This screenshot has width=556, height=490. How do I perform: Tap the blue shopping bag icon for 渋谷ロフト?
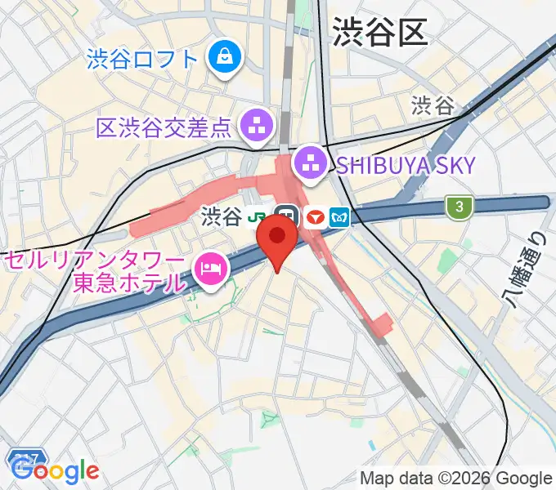coord(222,58)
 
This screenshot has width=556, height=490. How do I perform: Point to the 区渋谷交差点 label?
coord(165,127)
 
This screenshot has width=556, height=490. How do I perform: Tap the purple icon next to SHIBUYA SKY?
coord(310,163)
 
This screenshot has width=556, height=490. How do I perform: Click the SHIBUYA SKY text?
coord(405,165)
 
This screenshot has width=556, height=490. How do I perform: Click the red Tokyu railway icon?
coord(315,217)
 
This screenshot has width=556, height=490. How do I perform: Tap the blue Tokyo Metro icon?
coord(340,217)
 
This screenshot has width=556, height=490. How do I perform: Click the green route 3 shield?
coord(460,207)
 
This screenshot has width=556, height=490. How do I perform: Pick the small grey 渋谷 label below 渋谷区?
coord(432,105)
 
